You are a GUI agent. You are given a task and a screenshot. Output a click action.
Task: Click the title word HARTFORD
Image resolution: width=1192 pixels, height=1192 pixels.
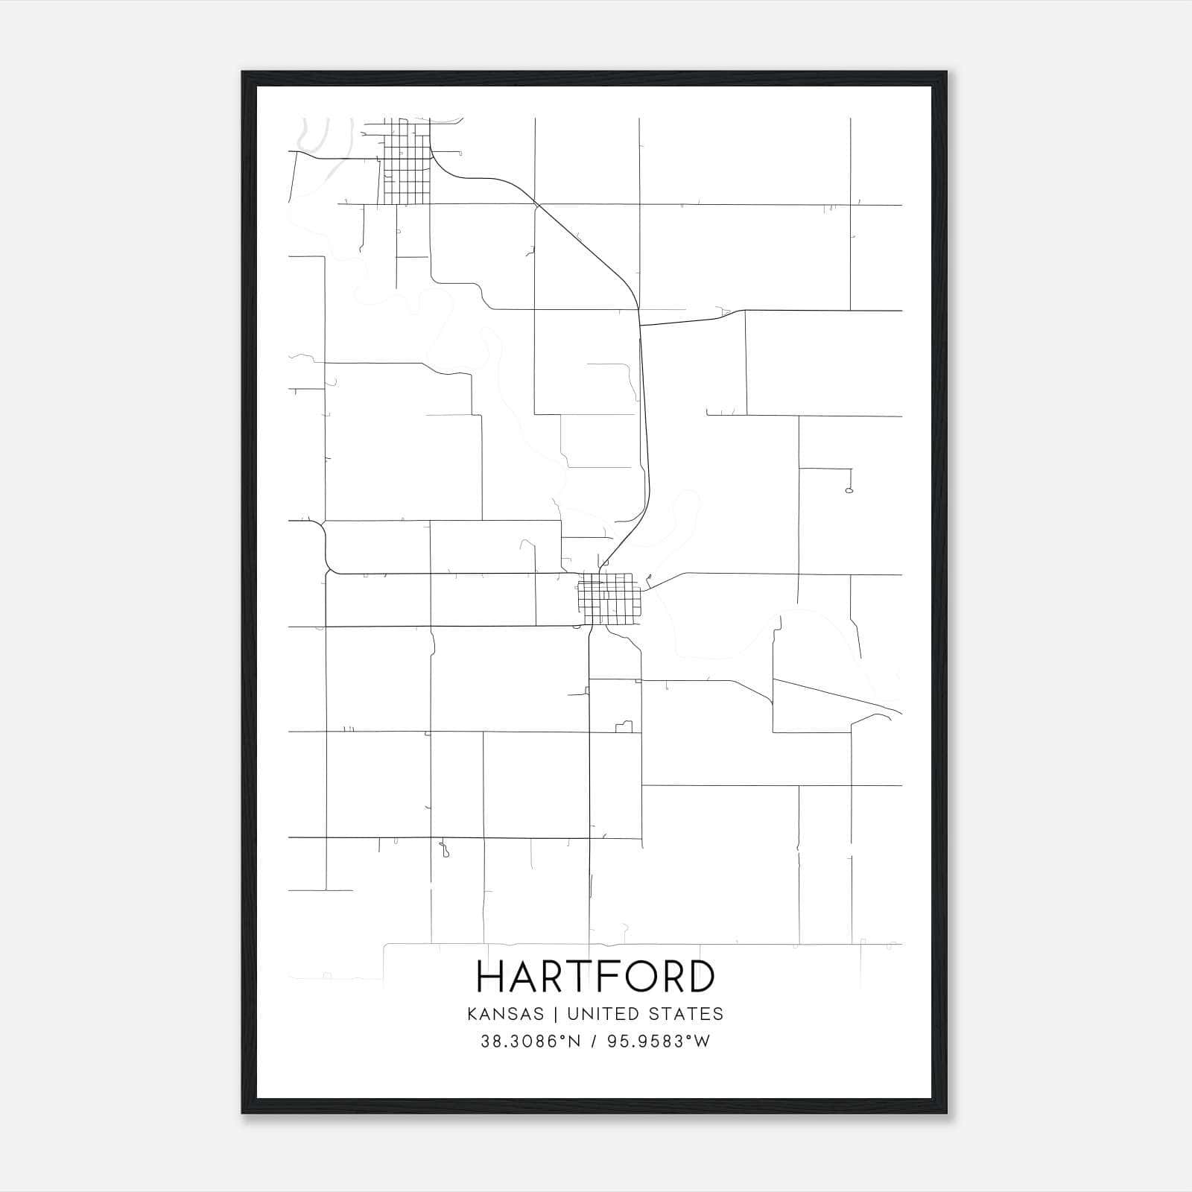[x=595, y=977]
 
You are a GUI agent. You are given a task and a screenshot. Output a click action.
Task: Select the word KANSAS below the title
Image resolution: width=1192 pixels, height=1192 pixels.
[x=510, y=1014]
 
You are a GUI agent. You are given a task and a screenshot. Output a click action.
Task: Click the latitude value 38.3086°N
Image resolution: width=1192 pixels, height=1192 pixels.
[x=530, y=1042]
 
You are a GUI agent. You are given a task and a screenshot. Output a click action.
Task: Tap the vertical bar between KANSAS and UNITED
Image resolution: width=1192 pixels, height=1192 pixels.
[x=560, y=1014]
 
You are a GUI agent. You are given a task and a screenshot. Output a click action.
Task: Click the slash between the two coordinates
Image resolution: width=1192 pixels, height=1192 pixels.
[x=594, y=1042]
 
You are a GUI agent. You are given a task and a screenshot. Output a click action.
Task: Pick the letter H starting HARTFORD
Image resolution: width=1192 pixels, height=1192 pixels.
[x=491, y=977]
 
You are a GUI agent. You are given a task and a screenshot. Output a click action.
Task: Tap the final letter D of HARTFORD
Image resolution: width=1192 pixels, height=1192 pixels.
[x=701, y=977]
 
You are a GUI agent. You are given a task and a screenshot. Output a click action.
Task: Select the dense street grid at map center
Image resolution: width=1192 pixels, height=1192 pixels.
[x=610, y=599]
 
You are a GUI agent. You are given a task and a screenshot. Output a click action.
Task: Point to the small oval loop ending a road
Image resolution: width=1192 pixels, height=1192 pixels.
[x=849, y=490]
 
